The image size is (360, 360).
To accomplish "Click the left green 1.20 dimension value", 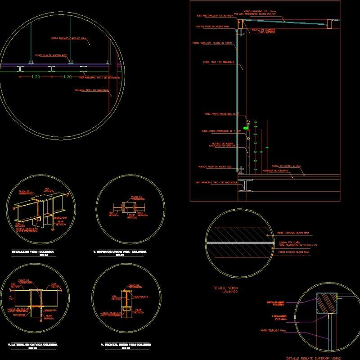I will [x=36, y=77].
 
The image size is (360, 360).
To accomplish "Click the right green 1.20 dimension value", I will [x=67, y=77].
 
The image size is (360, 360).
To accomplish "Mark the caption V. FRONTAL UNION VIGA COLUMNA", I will [x=126, y=344].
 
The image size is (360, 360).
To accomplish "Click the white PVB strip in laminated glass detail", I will [x=240, y=243].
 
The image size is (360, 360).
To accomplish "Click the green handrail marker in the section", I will [x=246, y=128].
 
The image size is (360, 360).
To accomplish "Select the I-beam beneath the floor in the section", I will [x=245, y=185].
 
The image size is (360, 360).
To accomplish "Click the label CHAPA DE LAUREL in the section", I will [x=283, y=166].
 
